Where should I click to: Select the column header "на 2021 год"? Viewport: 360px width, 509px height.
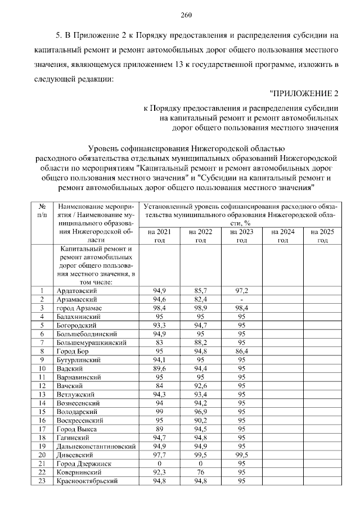(159, 236)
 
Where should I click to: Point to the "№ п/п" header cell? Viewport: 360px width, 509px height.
(42, 211)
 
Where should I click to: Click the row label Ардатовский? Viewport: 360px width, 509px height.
(77, 291)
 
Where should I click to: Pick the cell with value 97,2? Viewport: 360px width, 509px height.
(241, 291)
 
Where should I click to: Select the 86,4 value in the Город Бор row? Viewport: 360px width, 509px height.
(241, 351)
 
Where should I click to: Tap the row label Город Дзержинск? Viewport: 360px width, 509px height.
(83, 463)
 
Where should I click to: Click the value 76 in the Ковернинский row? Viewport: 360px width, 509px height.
(200, 472)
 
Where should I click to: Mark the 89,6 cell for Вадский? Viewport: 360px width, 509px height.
(159, 368)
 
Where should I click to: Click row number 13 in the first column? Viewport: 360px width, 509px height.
(42, 394)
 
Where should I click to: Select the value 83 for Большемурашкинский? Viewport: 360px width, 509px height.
(159, 343)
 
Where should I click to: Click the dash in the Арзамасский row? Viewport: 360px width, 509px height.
(241, 299)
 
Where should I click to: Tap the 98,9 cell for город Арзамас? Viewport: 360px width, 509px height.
(200, 308)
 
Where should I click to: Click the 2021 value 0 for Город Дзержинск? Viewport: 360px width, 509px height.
(159, 463)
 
